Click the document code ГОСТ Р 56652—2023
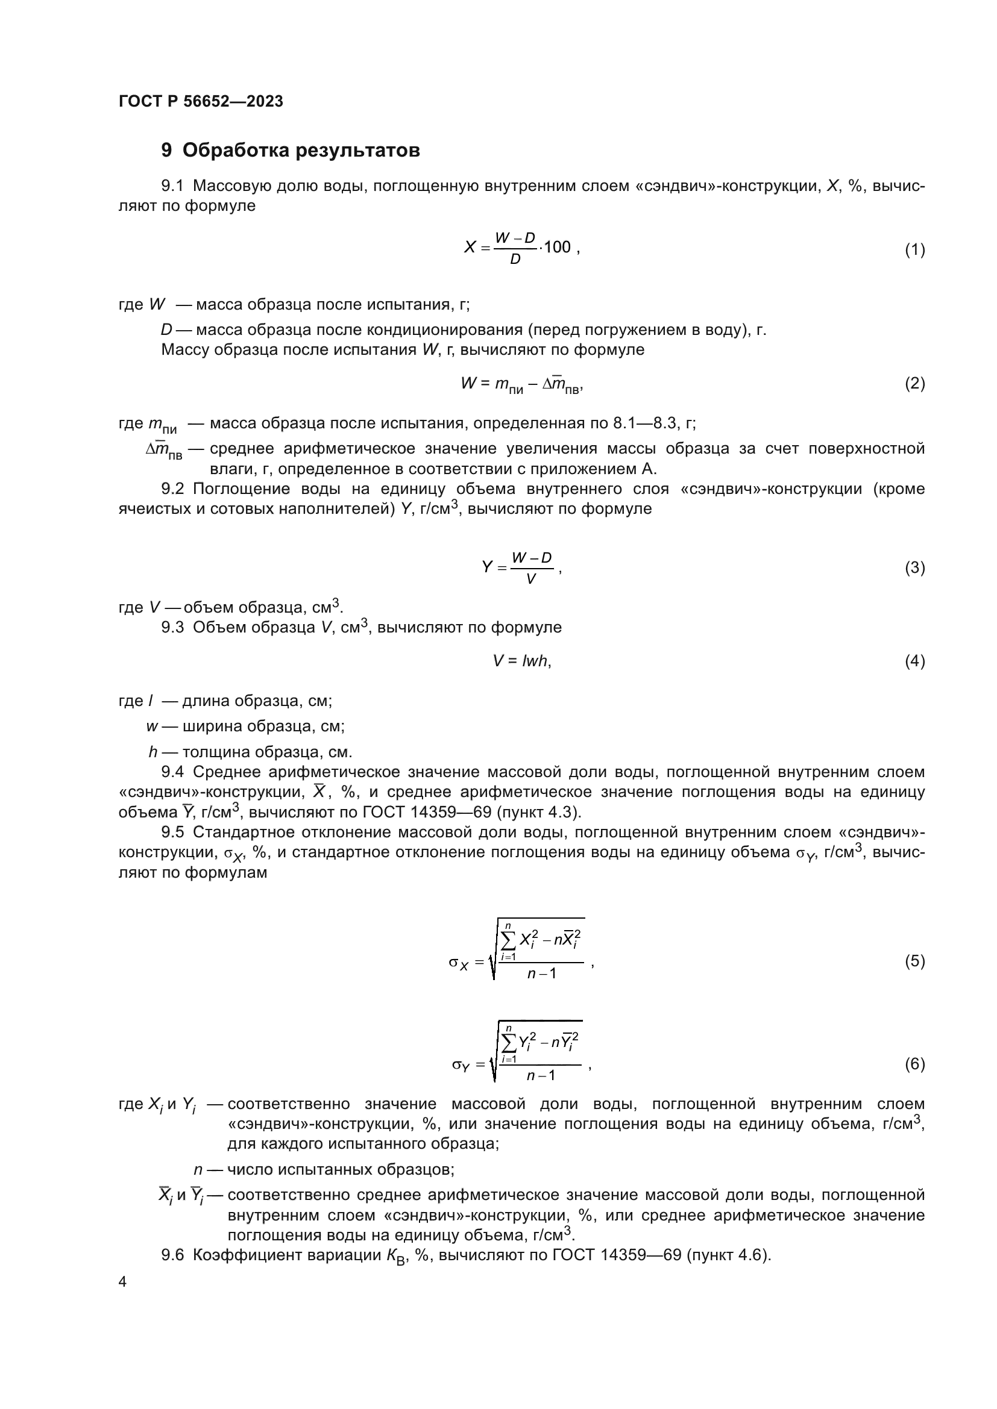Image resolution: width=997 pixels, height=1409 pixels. pos(201,101)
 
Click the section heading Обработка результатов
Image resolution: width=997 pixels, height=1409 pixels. pos(301,151)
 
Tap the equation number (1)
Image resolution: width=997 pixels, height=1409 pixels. pos(914,250)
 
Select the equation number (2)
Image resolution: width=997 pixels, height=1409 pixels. pos(914,384)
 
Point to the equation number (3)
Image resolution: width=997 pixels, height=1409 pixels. pos(914,567)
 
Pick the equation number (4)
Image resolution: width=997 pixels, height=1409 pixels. pos(914,661)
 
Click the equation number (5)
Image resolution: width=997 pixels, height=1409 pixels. pos(914,960)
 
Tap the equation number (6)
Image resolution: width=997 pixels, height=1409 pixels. pos(914,1063)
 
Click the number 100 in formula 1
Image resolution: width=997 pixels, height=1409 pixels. pos(558,248)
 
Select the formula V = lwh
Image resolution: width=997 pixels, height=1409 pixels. pos(522,661)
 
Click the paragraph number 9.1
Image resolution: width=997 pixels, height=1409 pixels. pos(172,186)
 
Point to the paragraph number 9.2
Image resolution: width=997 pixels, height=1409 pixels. pos(172,489)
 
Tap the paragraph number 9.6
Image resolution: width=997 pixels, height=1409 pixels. pos(172,1255)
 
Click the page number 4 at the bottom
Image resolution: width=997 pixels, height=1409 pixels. pos(123,1282)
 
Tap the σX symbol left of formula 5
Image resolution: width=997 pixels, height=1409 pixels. pos(459,962)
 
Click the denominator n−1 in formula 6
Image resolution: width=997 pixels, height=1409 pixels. pos(541,1075)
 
